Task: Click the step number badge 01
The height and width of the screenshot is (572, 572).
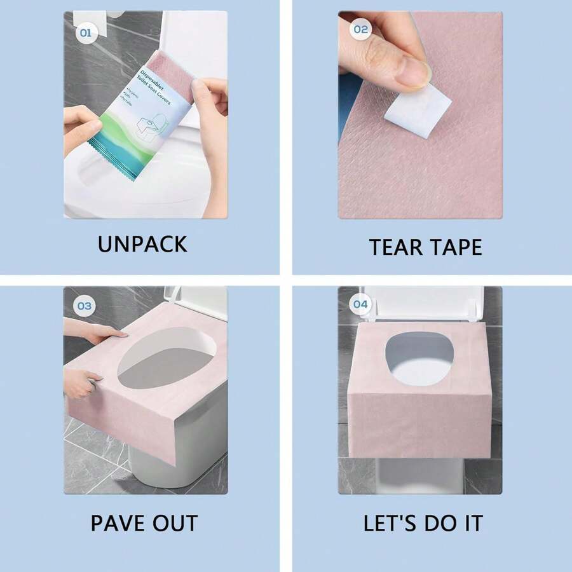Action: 85,32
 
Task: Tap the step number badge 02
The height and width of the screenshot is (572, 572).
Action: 360,29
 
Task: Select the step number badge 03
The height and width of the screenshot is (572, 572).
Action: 85,306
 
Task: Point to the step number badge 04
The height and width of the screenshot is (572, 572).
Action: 360,304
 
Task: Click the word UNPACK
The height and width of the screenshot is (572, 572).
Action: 142,244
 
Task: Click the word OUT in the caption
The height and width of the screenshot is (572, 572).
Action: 175,524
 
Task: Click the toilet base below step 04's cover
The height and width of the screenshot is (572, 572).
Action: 419,473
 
